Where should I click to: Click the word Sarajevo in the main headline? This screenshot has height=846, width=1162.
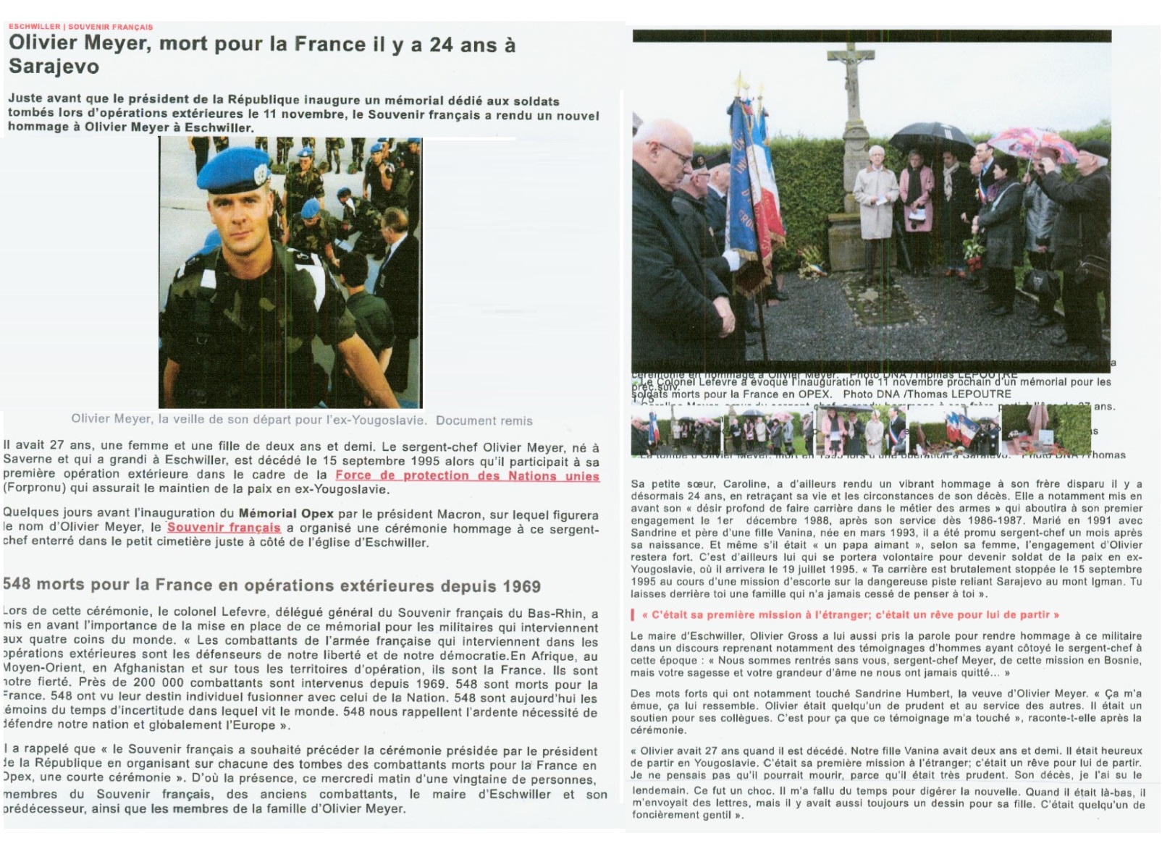click(54, 67)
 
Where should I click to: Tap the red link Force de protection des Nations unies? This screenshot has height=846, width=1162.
click(467, 475)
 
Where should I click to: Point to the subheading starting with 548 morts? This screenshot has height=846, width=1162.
click(271, 585)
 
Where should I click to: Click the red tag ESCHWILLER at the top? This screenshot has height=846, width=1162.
click(34, 27)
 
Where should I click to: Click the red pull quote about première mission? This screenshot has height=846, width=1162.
click(845, 614)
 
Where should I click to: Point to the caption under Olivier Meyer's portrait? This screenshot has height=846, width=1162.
click(301, 420)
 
